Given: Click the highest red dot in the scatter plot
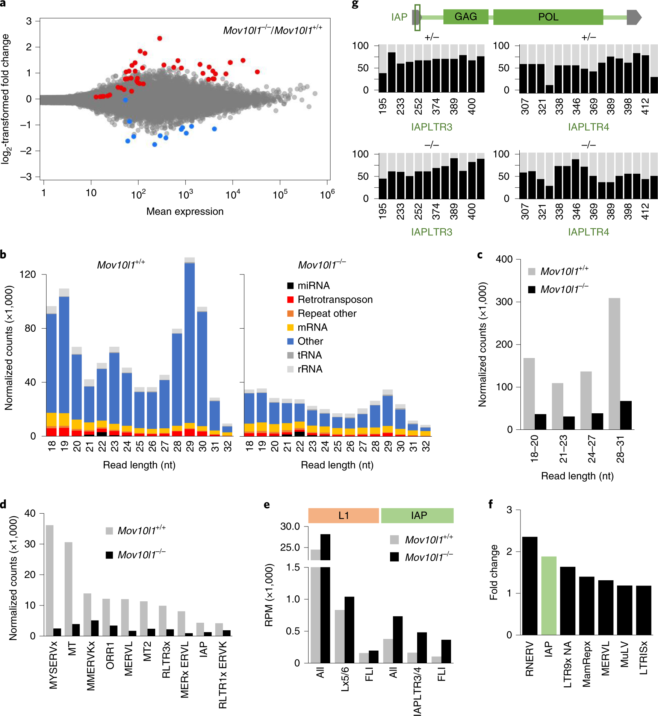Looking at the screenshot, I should (x=160, y=38).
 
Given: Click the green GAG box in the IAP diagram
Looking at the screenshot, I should (x=466, y=17).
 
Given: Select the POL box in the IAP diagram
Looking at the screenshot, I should (x=548, y=17).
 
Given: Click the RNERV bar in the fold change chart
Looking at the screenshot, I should (x=530, y=586).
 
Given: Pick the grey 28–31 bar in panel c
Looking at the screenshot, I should (x=614, y=363).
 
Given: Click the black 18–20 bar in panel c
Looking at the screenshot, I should (x=540, y=422).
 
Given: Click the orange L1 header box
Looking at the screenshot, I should (x=343, y=516).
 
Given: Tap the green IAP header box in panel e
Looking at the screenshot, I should (x=417, y=516).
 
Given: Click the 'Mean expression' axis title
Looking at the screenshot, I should (x=185, y=212).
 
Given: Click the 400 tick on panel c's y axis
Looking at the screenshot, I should (x=504, y=259).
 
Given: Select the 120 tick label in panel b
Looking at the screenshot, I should (x=28, y=275).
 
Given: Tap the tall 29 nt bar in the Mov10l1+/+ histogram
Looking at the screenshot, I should (x=190, y=346).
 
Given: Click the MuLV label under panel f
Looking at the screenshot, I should (x=625, y=654).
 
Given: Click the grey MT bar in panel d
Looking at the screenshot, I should (x=68, y=589).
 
